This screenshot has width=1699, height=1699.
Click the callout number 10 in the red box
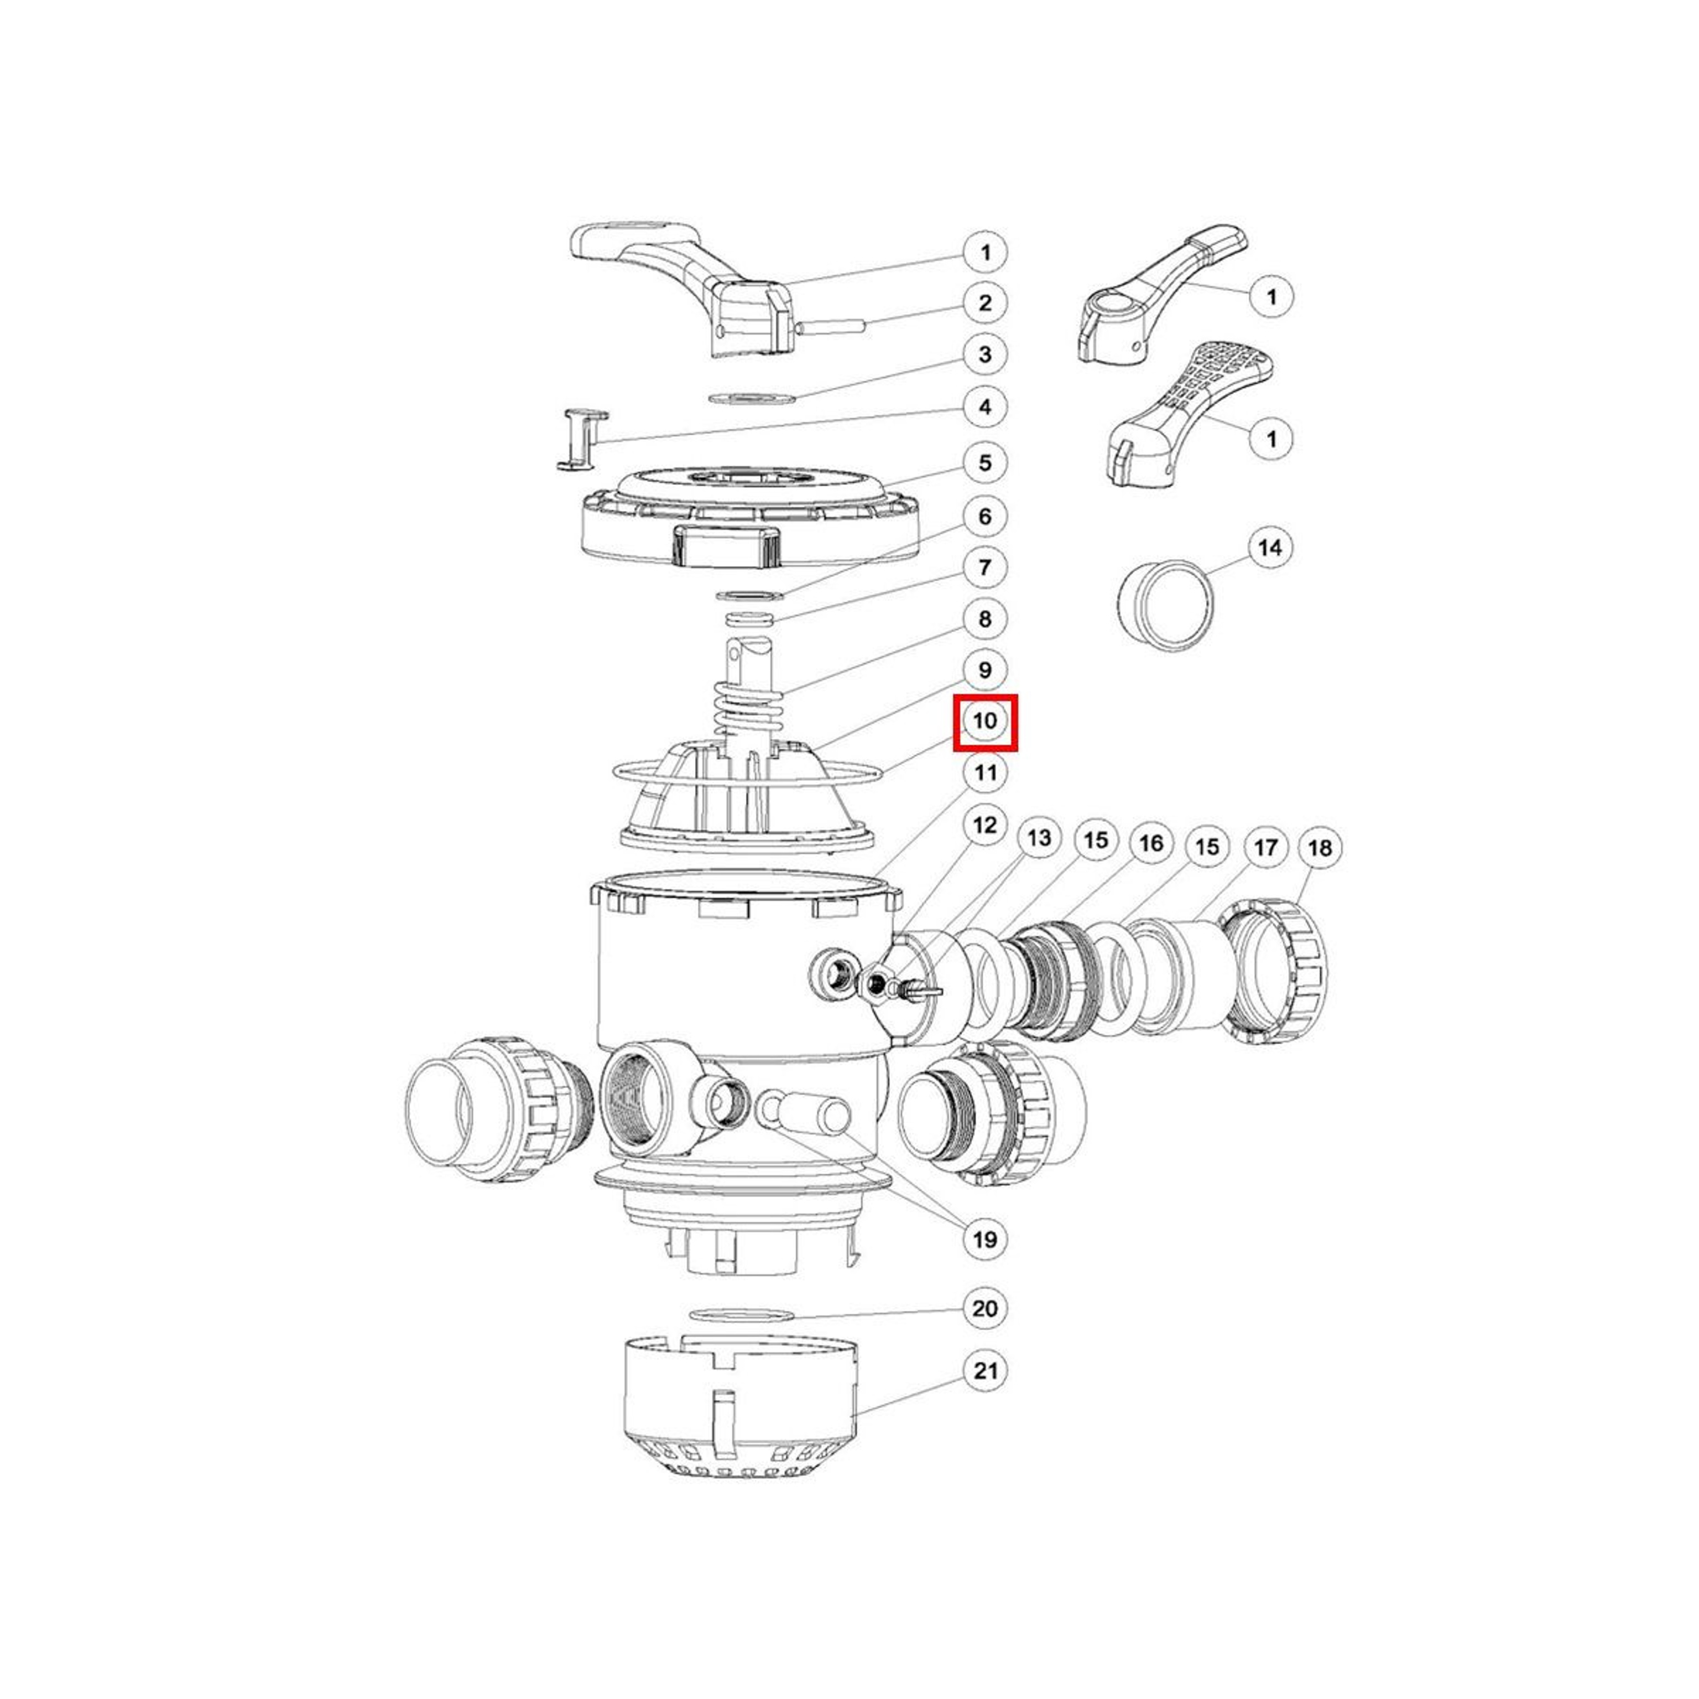click(x=986, y=721)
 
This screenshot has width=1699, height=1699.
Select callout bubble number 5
click(x=985, y=462)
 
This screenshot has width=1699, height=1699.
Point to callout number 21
click(x=986, y=1371)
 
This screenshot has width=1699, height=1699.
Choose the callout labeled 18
click(x=1320, y=848)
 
